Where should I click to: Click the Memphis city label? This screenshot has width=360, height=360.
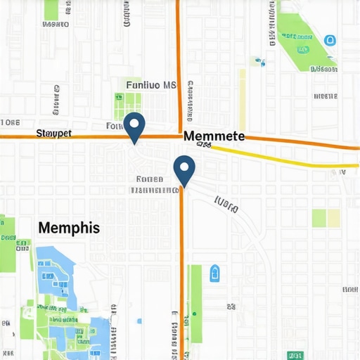pyautogui.click(x=69, y=228)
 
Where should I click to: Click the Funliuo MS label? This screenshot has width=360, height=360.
pyautogui.click(x=150, y=85)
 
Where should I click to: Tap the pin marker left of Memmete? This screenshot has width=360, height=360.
pyautogui.click(x=134, y=127)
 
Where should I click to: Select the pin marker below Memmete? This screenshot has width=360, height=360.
pyautogui.click(x=184, y=170)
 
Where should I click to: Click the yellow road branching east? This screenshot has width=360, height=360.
pyautogui.click(x=281, y=158)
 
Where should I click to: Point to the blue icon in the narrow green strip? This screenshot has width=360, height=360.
pyautogui.click(x=215, y=273)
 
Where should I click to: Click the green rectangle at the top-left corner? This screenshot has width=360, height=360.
pyautogui.click(x=51, y=9)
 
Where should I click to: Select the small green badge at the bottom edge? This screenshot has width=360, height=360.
pyautogui.click(x=296, y=355)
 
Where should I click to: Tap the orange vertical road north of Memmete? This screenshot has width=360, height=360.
pyautogui.click(x=179, y=63)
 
